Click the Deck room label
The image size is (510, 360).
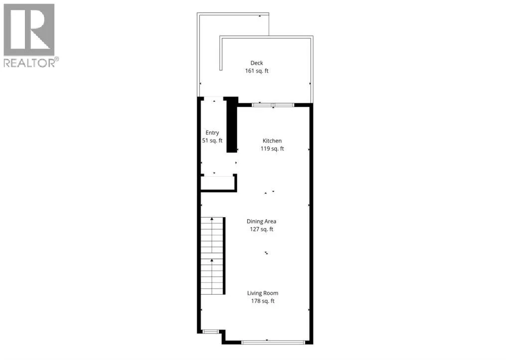256,63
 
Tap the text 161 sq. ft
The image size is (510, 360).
256,71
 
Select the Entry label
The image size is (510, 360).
212,132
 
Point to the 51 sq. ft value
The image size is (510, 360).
212,140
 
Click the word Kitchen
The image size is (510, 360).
272,141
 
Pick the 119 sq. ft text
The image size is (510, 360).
272,148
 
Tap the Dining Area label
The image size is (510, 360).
261,221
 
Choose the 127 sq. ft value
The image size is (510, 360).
261,229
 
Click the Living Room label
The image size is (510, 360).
262,293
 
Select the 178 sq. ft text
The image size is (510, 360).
262,301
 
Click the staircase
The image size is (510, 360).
213,256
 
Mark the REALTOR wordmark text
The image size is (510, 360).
29,63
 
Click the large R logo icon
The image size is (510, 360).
29,29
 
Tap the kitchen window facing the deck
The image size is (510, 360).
273,105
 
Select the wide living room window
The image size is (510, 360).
273,342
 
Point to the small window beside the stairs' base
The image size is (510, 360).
211,332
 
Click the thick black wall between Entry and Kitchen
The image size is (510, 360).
232,125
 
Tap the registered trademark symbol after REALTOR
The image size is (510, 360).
57,59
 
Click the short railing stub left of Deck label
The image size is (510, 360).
221,54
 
